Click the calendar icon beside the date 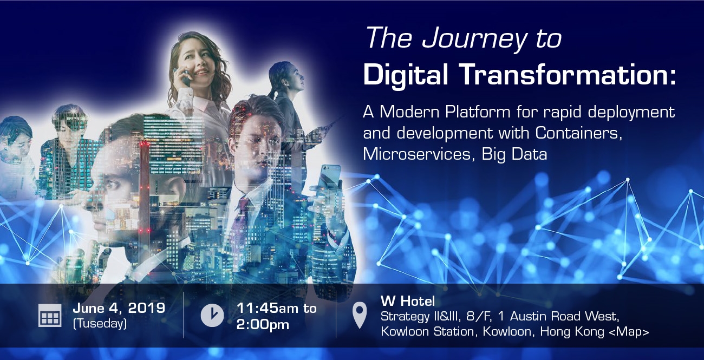[x=50, y=315]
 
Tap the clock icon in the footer [x=212, y=315]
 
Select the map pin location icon [x=360, y=315]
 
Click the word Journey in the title [x=474, y=39]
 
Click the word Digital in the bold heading [x=406, y=75]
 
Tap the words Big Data [x=514, y=154]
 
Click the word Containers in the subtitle [x=578, y=133]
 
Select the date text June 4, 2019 [x=119, y=308]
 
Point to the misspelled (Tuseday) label [x=100, y=324]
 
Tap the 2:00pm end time [x=263, y=325]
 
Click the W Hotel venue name [x=408, y=301]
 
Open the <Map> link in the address [x=629, y=332]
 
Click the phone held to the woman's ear [x=185, y=77]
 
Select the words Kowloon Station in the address [x=427, y=332]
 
